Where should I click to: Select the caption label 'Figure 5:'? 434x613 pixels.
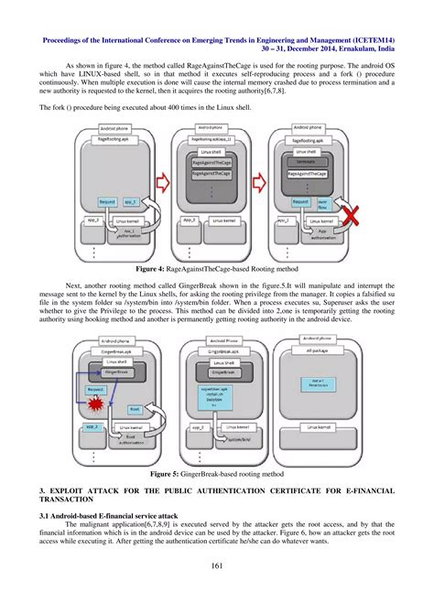(x=171, y=475)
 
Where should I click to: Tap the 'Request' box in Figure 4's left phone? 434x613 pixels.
(x=107, y=200)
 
